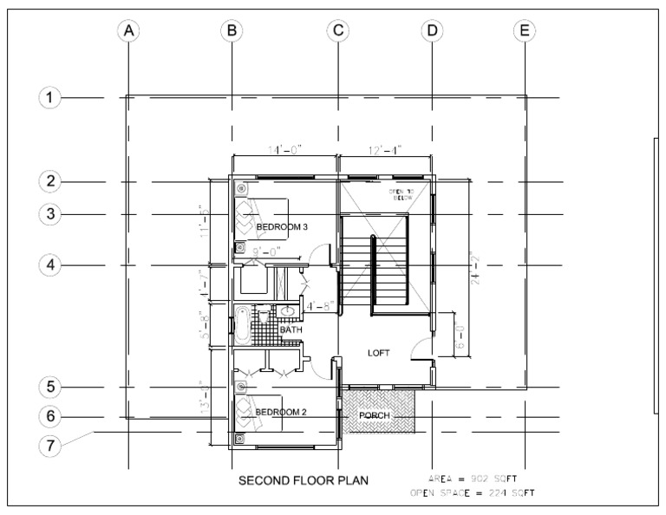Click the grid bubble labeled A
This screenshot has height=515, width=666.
pos(128,30)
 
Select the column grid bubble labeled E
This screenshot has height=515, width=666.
pos(524,30)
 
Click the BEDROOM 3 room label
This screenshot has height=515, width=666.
pos(282,227)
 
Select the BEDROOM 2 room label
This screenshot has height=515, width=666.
pos(282,411)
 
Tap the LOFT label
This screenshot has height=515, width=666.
pos(379,353)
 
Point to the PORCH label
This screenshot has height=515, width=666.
pos(377,416)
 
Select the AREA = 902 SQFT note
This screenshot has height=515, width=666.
pos(473,479)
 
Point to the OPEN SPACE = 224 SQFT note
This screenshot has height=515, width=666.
pos(473,493)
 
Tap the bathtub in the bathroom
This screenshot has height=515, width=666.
pos(243,325)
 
